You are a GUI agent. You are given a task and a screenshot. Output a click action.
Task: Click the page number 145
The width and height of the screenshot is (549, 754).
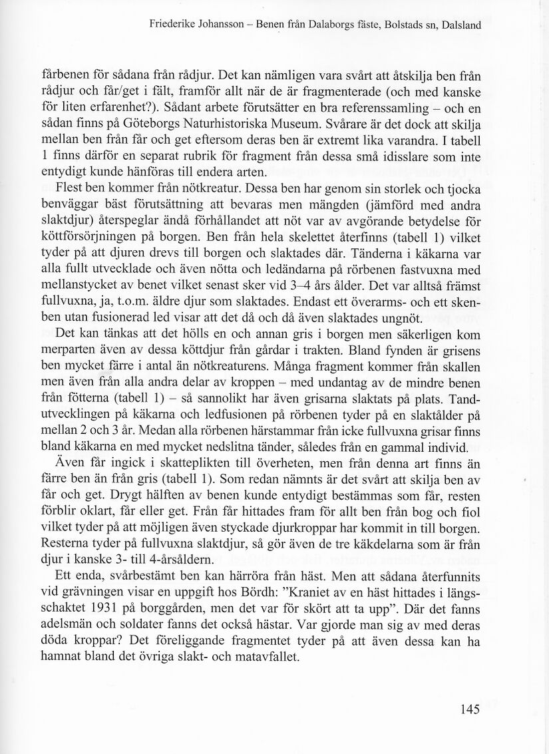tap(469, 709)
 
